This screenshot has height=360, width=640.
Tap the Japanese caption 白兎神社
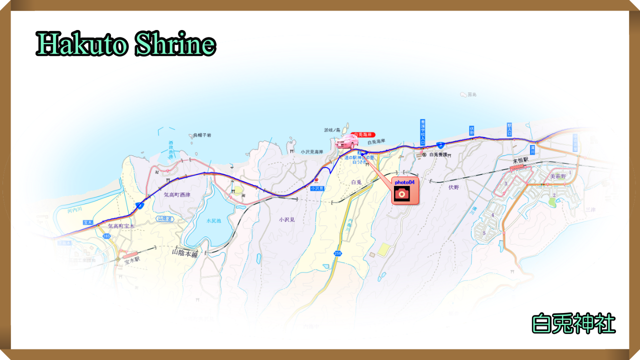[573, 324]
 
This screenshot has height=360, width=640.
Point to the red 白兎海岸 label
[363, 134]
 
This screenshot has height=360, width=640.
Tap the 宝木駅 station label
[131, 260]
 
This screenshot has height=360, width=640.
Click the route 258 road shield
[338, 254]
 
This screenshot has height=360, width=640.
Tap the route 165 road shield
[106, 235]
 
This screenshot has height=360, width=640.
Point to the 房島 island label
[472, 94]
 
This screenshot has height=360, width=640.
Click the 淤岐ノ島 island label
[331, 130]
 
